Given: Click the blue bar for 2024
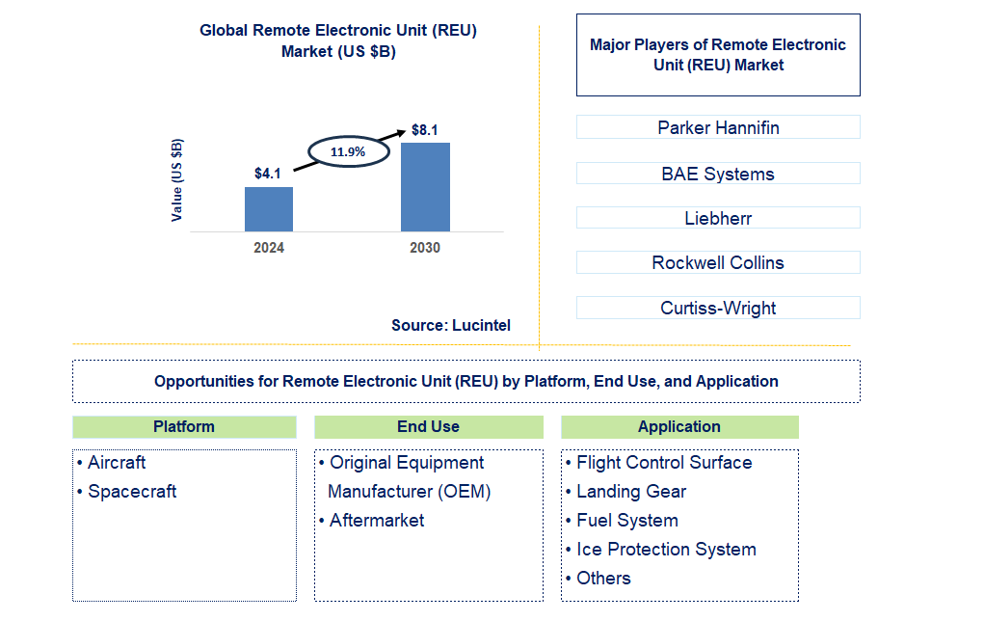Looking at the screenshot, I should (x=269, y=208).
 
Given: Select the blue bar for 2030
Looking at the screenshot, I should (x=425, y=186).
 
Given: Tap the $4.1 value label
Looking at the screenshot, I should (x=268, y=175).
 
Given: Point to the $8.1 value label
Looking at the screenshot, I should (x=425, y=130).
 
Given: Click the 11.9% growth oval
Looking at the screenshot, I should (x=348, y=151).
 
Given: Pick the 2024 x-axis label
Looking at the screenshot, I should (x=269, y=248).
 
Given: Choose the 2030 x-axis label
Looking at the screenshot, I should (x=425, y=248).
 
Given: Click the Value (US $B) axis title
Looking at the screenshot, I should (x=177, y=180).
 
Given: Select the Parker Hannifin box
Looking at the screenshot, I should (x=718, y=127).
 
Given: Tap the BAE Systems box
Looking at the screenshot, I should (x=718, y=174).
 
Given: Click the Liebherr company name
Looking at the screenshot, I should (x=718, y=218).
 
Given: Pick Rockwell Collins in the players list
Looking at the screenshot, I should (x=718, y=262).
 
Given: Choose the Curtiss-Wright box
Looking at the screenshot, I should (x=718, y=309).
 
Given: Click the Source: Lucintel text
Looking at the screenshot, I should (x=451, y=326).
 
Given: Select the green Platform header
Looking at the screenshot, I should (x=184, y=427).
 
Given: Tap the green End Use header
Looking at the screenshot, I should (x=428, y=427).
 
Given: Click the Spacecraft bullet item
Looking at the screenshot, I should (x=132, y=492).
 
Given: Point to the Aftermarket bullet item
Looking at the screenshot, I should (x=377, y=521).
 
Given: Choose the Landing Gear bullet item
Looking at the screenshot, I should (x=631, y=492).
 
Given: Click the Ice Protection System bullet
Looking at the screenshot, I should (x=666, y=550).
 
